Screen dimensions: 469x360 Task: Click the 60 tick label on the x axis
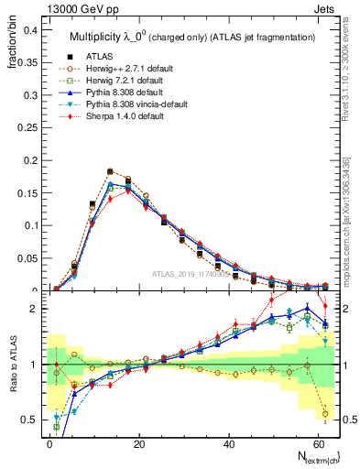coord(319,442)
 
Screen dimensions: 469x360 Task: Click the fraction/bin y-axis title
coord(12,41)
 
